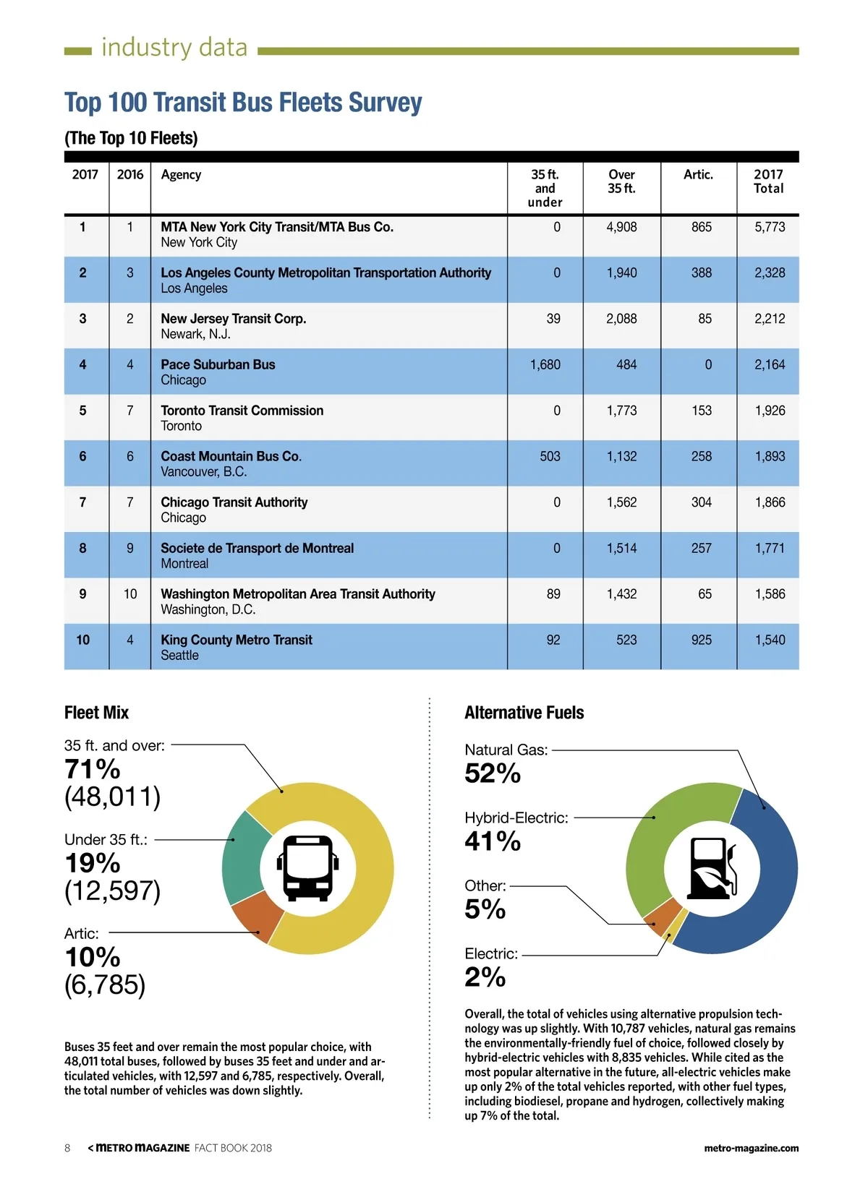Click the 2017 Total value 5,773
point(769,227)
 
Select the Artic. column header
point(698,174)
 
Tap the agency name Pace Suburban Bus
point(218,364)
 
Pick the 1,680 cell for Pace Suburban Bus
point(545,364)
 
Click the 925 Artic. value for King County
point(701,640)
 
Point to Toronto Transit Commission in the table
point(242,411)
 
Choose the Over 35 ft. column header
point(621,181)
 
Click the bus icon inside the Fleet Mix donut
point(308,867)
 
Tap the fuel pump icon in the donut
point(712,868)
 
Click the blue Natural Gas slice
point(767,882)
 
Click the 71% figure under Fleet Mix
point(93,768)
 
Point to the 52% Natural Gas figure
point(492,773)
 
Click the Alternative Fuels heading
point(524,713)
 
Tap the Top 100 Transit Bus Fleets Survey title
point(243,103)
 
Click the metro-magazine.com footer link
point(751,1148)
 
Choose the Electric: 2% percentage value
point(485,977)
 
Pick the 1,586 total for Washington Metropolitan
point(769,594)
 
